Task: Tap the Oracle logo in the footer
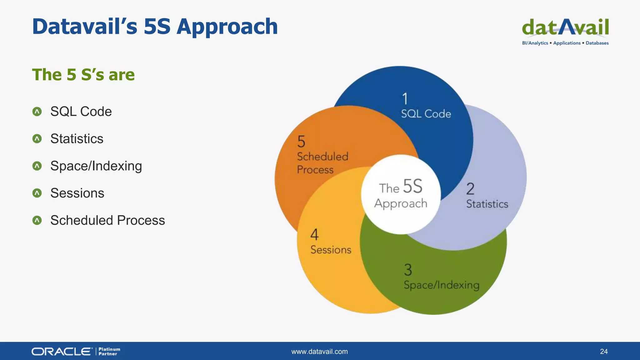pos(62,352)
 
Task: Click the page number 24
pos(604,352)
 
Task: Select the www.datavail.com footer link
pos(319,352)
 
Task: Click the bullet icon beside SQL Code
pos(37,112)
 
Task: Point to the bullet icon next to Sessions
pos(37,193)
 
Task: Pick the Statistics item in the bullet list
pos(77,139)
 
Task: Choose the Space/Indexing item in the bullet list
pos(96,166)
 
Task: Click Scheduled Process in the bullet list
pos(107,220)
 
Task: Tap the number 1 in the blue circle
pos(405,99)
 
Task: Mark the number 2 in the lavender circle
pos(470,189)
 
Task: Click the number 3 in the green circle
pos(408,270)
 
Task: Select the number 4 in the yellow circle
pos(314,234)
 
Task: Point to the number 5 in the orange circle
pos(301,142)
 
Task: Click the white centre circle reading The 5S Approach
pos(401,194)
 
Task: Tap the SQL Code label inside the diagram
pos(426,114)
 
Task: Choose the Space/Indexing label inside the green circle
pos(441,285)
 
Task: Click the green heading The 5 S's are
pos(83,75)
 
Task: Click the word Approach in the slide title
pos(227,27)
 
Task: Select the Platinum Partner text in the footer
pos(109,352)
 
